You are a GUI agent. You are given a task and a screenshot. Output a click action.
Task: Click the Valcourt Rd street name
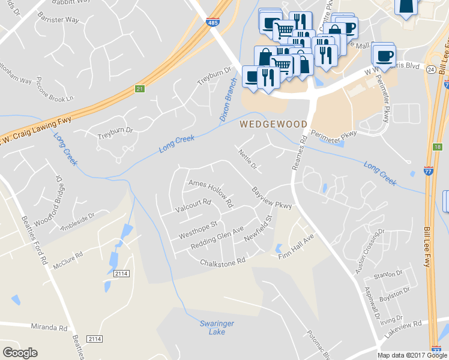pyautogui.click(x=193, y=206)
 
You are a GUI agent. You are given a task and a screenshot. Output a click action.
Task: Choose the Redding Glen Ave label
pyautogui.click(x=217, y=238)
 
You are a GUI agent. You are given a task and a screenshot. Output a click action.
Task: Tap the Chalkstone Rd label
pyautogui.click(x=223, y=262)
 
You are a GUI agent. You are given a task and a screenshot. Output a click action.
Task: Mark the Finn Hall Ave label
pyautogui.click(x=297, y=247)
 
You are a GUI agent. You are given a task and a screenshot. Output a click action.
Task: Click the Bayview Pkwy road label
pyautogui.click(x=272, y=197)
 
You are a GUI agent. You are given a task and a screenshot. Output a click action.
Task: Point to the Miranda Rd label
pyautogui.click(x=49, y=328)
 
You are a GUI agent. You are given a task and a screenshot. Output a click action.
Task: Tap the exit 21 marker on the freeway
pyautogui.click(x=140, y=89)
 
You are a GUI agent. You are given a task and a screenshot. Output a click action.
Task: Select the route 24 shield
pyautogui.click(x=430, y=70)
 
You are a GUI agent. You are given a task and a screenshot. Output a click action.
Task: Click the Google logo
pyautogui.click(x=20, y=353)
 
